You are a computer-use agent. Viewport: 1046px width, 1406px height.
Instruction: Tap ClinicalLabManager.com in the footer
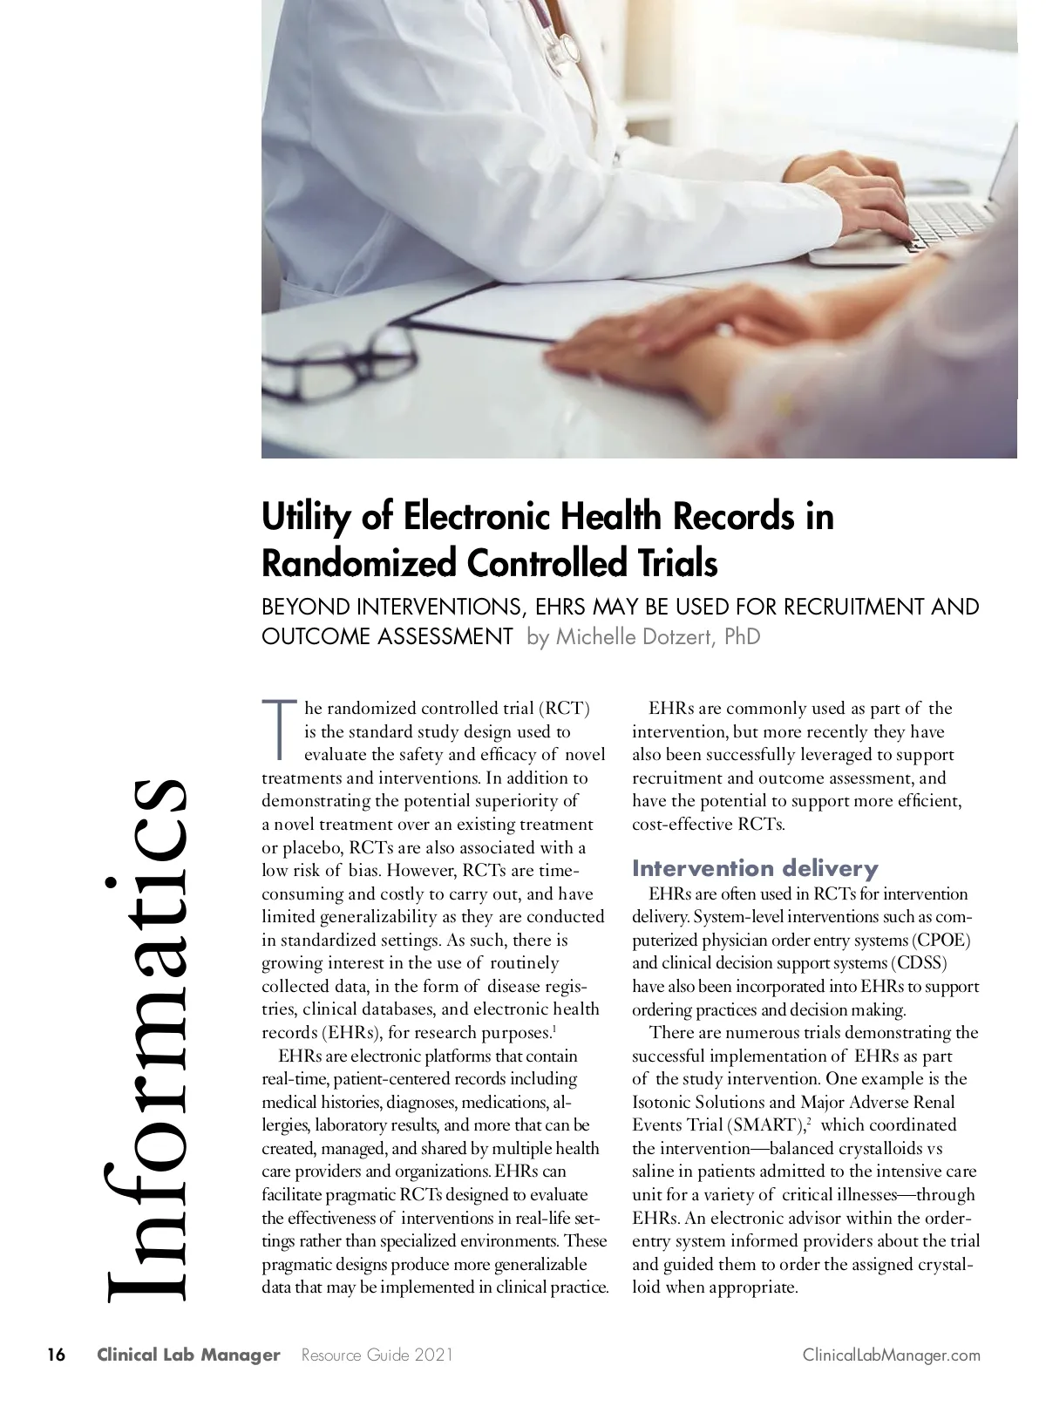[891, 1355]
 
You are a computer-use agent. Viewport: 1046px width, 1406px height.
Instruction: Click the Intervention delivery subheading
[755, 868]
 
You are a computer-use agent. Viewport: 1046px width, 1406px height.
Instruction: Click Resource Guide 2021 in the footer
[377, 1355]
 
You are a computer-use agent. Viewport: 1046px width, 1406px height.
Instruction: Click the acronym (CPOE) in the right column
[941, 941]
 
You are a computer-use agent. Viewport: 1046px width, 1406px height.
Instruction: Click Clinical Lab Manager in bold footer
[188, 1355]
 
